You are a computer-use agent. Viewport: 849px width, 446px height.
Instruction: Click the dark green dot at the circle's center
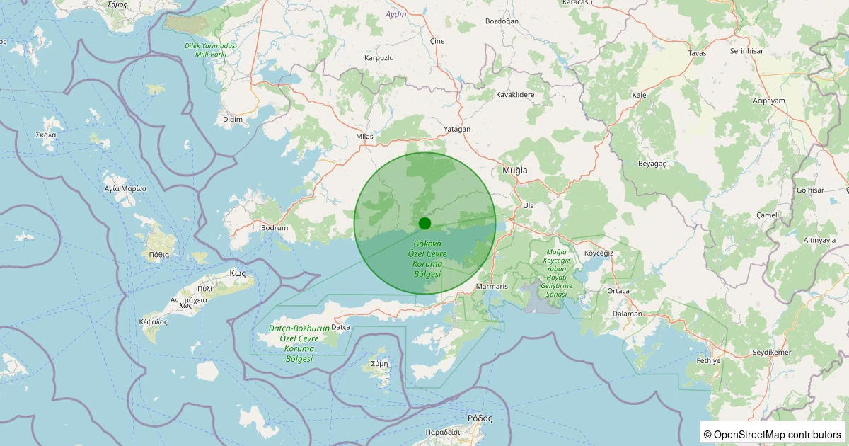(x=424, y=223)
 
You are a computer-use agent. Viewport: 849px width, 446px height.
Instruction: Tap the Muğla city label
(x=515, y=171)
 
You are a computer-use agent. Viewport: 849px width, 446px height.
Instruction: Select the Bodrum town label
(x=275, y=228)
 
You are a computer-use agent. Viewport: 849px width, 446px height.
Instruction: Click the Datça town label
(x=341, y=327)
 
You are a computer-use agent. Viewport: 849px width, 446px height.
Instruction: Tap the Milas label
(x=364, y=136)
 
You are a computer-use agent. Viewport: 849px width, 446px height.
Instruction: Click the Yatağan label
(x=457, y=129)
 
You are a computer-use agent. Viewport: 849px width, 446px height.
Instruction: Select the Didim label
(x=232, y=119)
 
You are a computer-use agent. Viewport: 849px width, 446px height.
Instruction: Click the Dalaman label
(x=628, y=314)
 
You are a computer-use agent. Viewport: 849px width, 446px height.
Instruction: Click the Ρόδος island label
(x=480, y=418)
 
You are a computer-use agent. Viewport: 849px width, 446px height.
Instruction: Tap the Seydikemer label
(x=772, y=352)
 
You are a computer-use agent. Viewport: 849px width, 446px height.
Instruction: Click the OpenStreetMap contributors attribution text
(x=772, y=434)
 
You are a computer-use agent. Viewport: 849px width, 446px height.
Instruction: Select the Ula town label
(x=528, y=205)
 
